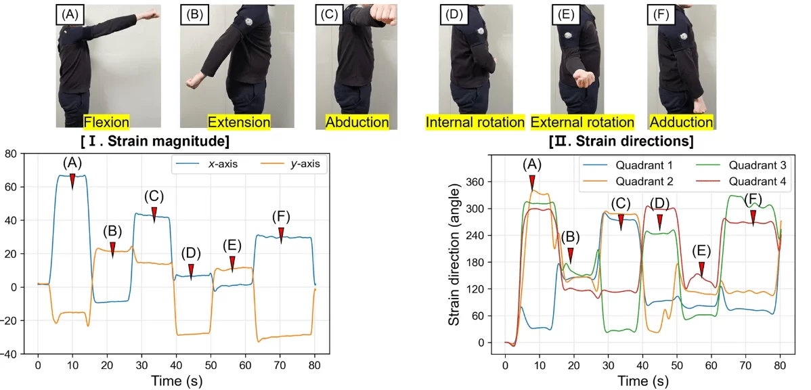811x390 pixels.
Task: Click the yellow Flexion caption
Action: click(x=106, y=123)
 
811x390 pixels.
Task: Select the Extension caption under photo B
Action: click(x=239, y=123)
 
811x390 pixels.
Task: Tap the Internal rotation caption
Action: click(x=475, y=123)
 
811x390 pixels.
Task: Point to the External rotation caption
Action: click(x=582, y=123)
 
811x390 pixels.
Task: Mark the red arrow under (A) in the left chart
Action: click(x=72, y=181)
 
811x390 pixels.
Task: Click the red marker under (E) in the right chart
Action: click(x=701, y=269)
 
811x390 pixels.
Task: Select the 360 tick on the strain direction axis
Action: click(x=483, y=182)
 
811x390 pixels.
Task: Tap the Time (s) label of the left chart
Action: click(x=176, y=381)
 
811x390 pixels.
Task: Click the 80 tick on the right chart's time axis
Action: click(x=780, y=366)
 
